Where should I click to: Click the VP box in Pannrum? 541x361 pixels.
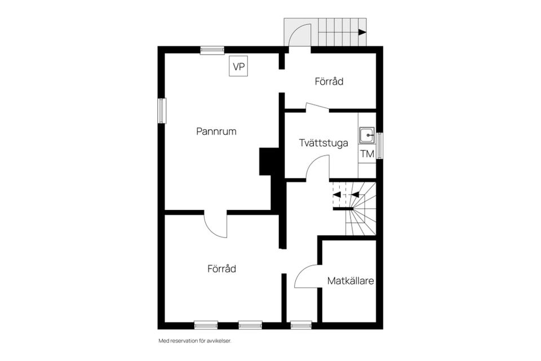tap(240, 67)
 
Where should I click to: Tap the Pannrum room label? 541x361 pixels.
tap(216, 131)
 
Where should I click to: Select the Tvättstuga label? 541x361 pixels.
tap(323, 143)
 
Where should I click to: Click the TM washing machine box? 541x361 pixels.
tap(367, 153)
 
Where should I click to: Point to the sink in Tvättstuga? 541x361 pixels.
tap(367, 134)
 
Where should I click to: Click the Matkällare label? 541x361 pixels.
tap(351, 280)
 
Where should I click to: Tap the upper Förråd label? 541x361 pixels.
tap(329, 82)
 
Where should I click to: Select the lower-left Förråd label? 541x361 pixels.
tap(221, 269)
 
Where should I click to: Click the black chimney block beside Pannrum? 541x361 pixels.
tap(269, 162)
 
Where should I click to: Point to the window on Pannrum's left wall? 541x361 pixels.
tap(162, 111)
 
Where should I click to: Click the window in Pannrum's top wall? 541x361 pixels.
tap(212, 50)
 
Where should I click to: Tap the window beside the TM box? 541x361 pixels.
tap(380, 146)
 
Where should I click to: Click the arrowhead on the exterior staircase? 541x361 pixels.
tap(362, 32)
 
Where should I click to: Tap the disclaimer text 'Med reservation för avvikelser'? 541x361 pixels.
tap(195, 341)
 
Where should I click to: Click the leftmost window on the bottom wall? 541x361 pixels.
tap(206, 325)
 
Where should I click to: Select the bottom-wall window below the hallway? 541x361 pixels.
tap(301, 325)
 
